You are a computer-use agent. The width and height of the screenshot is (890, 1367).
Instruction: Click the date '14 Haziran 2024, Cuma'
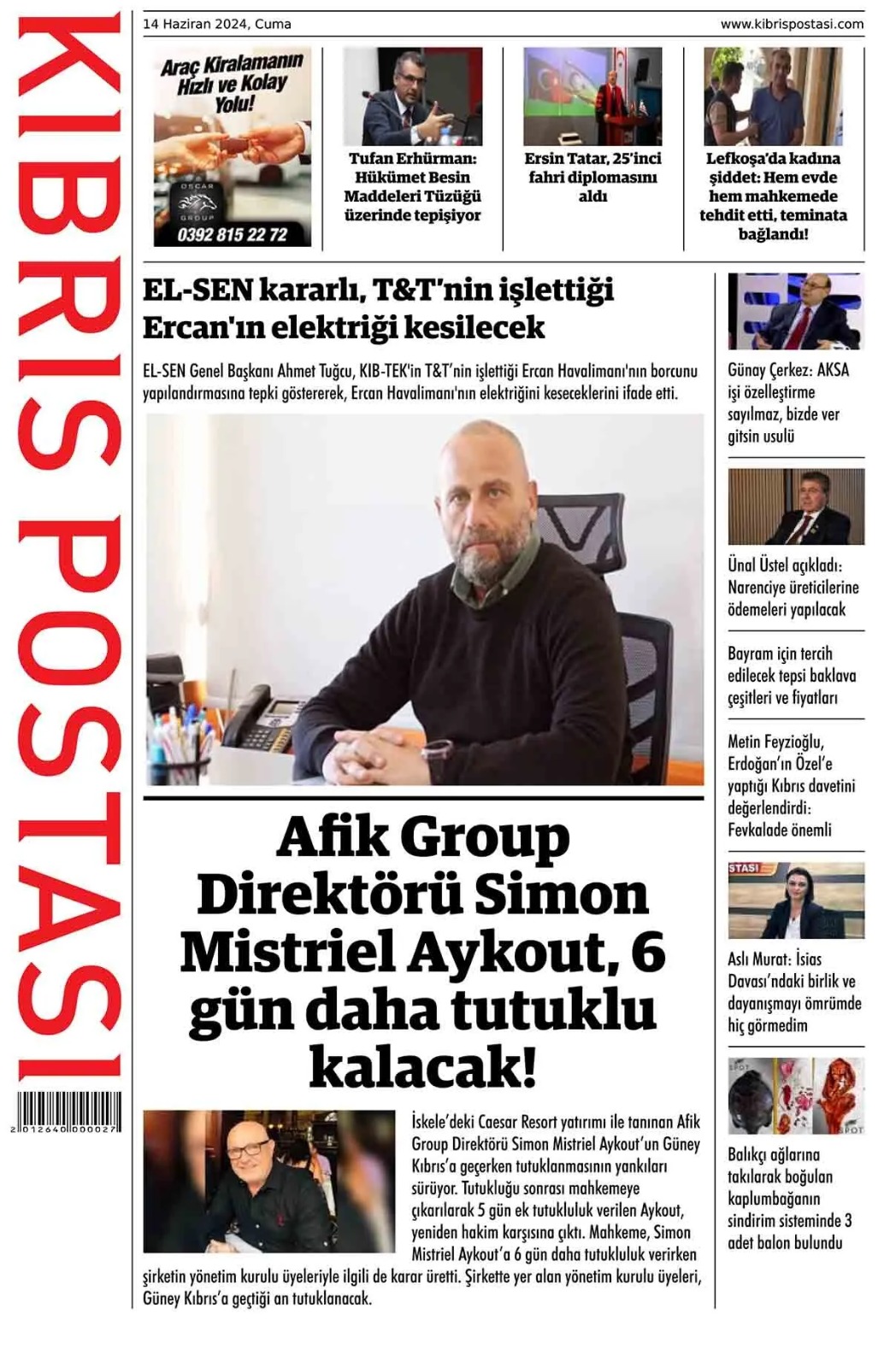coord(217,24)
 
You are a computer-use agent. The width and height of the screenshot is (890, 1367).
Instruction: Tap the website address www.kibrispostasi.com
coord(792,24)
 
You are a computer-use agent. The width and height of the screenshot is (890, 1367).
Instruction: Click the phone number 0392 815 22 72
coord(233,234)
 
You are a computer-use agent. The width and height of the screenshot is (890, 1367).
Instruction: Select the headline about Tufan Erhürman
coord(413,186)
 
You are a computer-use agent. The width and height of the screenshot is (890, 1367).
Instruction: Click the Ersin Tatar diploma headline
coord(592,177)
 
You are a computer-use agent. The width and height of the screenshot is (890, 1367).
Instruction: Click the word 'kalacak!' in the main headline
coord(422,1067)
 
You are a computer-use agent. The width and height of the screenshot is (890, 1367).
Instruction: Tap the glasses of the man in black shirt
coord(248,1149)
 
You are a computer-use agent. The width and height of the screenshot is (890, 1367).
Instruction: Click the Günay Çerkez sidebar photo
coord(795,312)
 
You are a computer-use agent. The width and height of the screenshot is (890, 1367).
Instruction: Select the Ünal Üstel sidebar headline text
coord(793,587)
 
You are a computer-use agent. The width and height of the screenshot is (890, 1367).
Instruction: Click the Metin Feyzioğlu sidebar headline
coord(792,785)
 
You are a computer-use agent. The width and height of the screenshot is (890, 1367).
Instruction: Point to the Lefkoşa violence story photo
coord(773,96)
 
